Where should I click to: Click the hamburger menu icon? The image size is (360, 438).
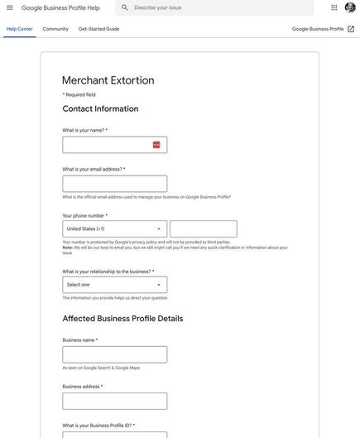click(10, 7)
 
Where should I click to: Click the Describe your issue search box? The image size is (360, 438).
click(219, 7)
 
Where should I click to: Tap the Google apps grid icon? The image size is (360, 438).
click(334, 7)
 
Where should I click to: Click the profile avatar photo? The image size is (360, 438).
click(351, 7)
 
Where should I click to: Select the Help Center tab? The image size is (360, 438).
click(20, 29)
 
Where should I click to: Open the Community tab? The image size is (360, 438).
click(55, 29)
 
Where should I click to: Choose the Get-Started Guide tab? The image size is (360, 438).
click(98, 29)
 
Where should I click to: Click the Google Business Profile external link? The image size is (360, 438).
click(323, 29)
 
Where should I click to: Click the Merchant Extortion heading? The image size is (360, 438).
click(108, 80)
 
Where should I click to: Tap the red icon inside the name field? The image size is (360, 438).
click(156, 145)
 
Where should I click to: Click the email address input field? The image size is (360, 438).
click(115, 184)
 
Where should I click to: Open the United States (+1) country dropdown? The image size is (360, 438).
click(115, 229)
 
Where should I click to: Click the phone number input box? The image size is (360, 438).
click(204, 229)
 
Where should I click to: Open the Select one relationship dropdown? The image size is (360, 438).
click(115, 285)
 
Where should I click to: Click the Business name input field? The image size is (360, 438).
click(115, 355)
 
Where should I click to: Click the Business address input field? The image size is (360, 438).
click(115, 402)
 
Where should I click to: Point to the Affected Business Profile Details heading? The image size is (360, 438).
click(122, 319)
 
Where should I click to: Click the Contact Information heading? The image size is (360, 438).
click(100, 108)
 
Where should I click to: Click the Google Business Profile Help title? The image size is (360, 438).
click(60, 7)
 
